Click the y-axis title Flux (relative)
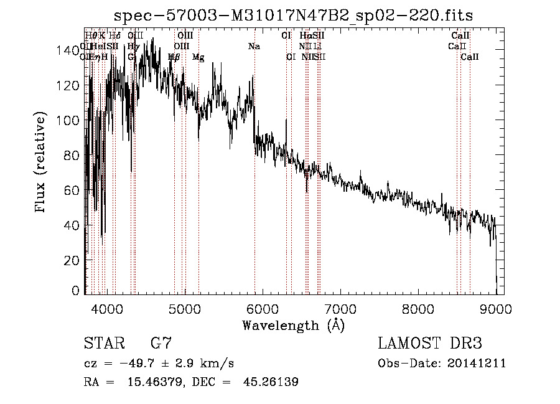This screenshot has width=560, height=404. click(x=41, y=163)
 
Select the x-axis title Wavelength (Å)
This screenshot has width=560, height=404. click(x=293, y=325)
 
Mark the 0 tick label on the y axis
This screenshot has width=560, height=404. click(x=75, y=291)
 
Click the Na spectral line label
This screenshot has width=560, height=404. click(x=254, y=47)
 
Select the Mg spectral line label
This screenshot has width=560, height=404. click(x=198, y=57)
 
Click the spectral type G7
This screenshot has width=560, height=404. click(x=161, y=343)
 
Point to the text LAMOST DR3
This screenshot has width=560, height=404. click(x=429, y=343)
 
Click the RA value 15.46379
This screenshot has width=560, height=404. click(x=147, y=383)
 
